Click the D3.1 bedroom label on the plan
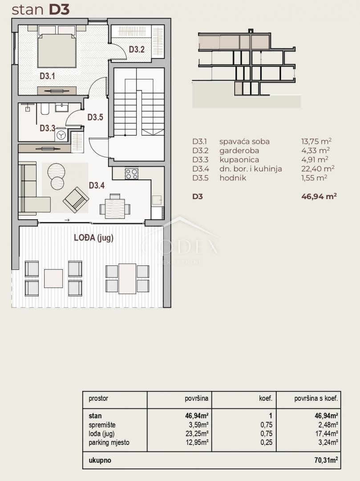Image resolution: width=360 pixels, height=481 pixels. [x=47, y=76]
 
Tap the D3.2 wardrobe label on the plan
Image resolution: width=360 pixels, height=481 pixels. [x=137, y=49]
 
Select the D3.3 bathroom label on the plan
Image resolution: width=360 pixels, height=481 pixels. [x=48, y=128]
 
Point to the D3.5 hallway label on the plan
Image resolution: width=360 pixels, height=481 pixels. [x=95, y=117]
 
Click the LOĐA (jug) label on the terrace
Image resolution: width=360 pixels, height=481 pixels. [x=94, y=238]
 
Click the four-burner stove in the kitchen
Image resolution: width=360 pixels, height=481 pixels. [x=131, y=174]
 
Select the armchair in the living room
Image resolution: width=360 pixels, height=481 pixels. [x=76, y=200]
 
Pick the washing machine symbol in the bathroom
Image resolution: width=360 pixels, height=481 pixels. [x=61, y=135]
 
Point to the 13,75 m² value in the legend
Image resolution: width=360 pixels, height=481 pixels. [x=316, y=142]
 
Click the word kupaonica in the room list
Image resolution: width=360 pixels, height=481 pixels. [x=239, y=160]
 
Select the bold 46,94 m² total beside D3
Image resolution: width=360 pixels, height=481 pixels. [x=319, y=196]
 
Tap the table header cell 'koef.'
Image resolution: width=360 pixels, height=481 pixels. [x=266, y=399]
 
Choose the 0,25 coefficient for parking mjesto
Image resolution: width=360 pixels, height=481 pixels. [x=266, y=442]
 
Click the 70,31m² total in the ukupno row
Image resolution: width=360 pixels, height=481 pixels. [x=326, y=460]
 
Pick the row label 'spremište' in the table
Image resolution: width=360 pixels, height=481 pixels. [x=102, y=425]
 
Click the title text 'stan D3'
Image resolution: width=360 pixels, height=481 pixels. [x=40, y=10]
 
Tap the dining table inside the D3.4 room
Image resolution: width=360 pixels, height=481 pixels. [x=115, y=208]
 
